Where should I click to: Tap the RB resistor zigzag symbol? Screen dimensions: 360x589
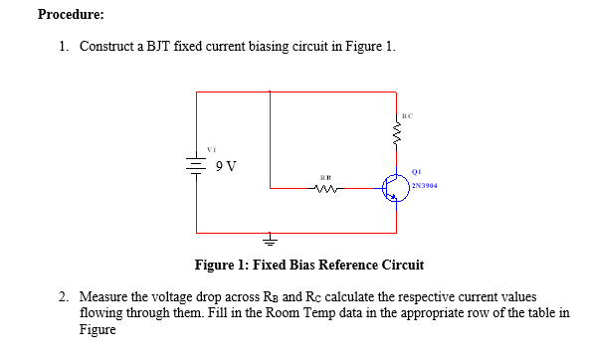pyautogui.click(x=326, y=187)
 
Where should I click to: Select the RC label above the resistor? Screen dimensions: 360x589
pyautogui.click(x=408, y=115)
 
